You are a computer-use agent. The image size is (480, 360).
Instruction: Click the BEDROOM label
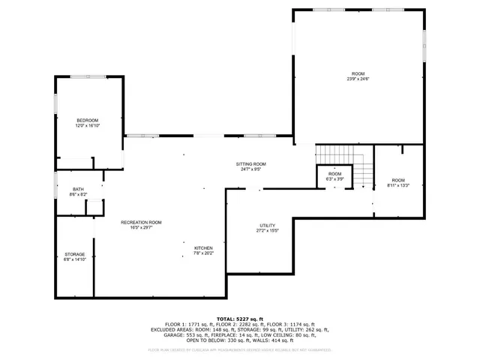click(x=88, y=120)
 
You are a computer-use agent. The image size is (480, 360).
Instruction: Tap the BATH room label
click(x=79, y=189)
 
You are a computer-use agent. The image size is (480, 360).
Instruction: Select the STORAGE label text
click(x=74, y=254)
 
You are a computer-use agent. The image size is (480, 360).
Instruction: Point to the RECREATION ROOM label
click(x=142, y=222)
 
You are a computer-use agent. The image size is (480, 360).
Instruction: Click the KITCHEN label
click(x=204, y=247)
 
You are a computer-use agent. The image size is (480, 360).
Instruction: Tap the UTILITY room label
click(x=267, y=225)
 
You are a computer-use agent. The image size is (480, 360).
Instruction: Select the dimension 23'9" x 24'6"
click(x=358, y=79)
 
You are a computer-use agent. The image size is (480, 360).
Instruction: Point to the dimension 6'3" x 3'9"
click(x=334, y=178)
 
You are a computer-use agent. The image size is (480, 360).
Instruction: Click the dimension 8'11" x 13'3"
click(x=397, y=184)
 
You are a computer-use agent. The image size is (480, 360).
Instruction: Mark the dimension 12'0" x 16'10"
click(x=88, y=126)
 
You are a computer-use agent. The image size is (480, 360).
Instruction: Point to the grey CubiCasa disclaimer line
click(x=240, y=349)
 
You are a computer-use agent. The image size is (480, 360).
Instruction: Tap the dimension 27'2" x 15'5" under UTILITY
click(x=267, y=231)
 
